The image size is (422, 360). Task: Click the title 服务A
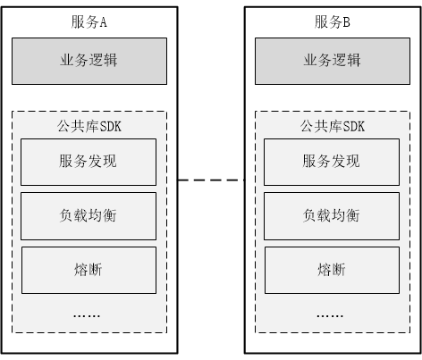pyautogui.click(x=89, y=22)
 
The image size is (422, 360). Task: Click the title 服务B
pyautogui.click(x=332, y=22)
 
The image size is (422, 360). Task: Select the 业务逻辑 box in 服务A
pyautogui.click(x=89, y=61)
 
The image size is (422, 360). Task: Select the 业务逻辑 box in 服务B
pyautogui.click(x=333, y=61)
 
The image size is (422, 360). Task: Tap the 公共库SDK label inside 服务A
pyautogui.click(x=89, y=126)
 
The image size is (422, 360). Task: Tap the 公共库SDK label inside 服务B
pyautogui.click(x=333, y=126)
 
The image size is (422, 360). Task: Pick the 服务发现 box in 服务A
pyautogui.click(x=89, y=162)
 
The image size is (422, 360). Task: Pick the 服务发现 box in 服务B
pyautogui.click(x=332, y=162)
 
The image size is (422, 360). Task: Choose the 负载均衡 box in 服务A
pyautogui.click(x=89, y=216)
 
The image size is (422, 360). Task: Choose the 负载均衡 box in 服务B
pyautogui.click(x=332, y=216)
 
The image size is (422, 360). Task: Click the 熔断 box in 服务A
pyautogui.click(x=89, y=270)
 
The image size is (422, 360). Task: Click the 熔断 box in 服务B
pyautogui.click(x=332, y=270)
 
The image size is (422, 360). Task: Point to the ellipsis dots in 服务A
pyautogui.click(x=87, y=315)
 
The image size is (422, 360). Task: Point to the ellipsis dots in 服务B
pyautogui.click(x=330, y=315)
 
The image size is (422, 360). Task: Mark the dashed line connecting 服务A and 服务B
pyautogui.click(x=211, y=180)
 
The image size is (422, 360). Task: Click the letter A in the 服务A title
pyautogui.click(x=103, y=22)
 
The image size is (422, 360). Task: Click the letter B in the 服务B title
pyautogui.click(x=346, y=22)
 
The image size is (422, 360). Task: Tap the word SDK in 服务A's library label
pyautogui.click(x=110, y=127)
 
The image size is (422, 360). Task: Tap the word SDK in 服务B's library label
pyautogui.click(x=353, y=127)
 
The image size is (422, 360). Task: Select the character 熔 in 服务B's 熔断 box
pyautogui.click(x=325, y=270)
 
